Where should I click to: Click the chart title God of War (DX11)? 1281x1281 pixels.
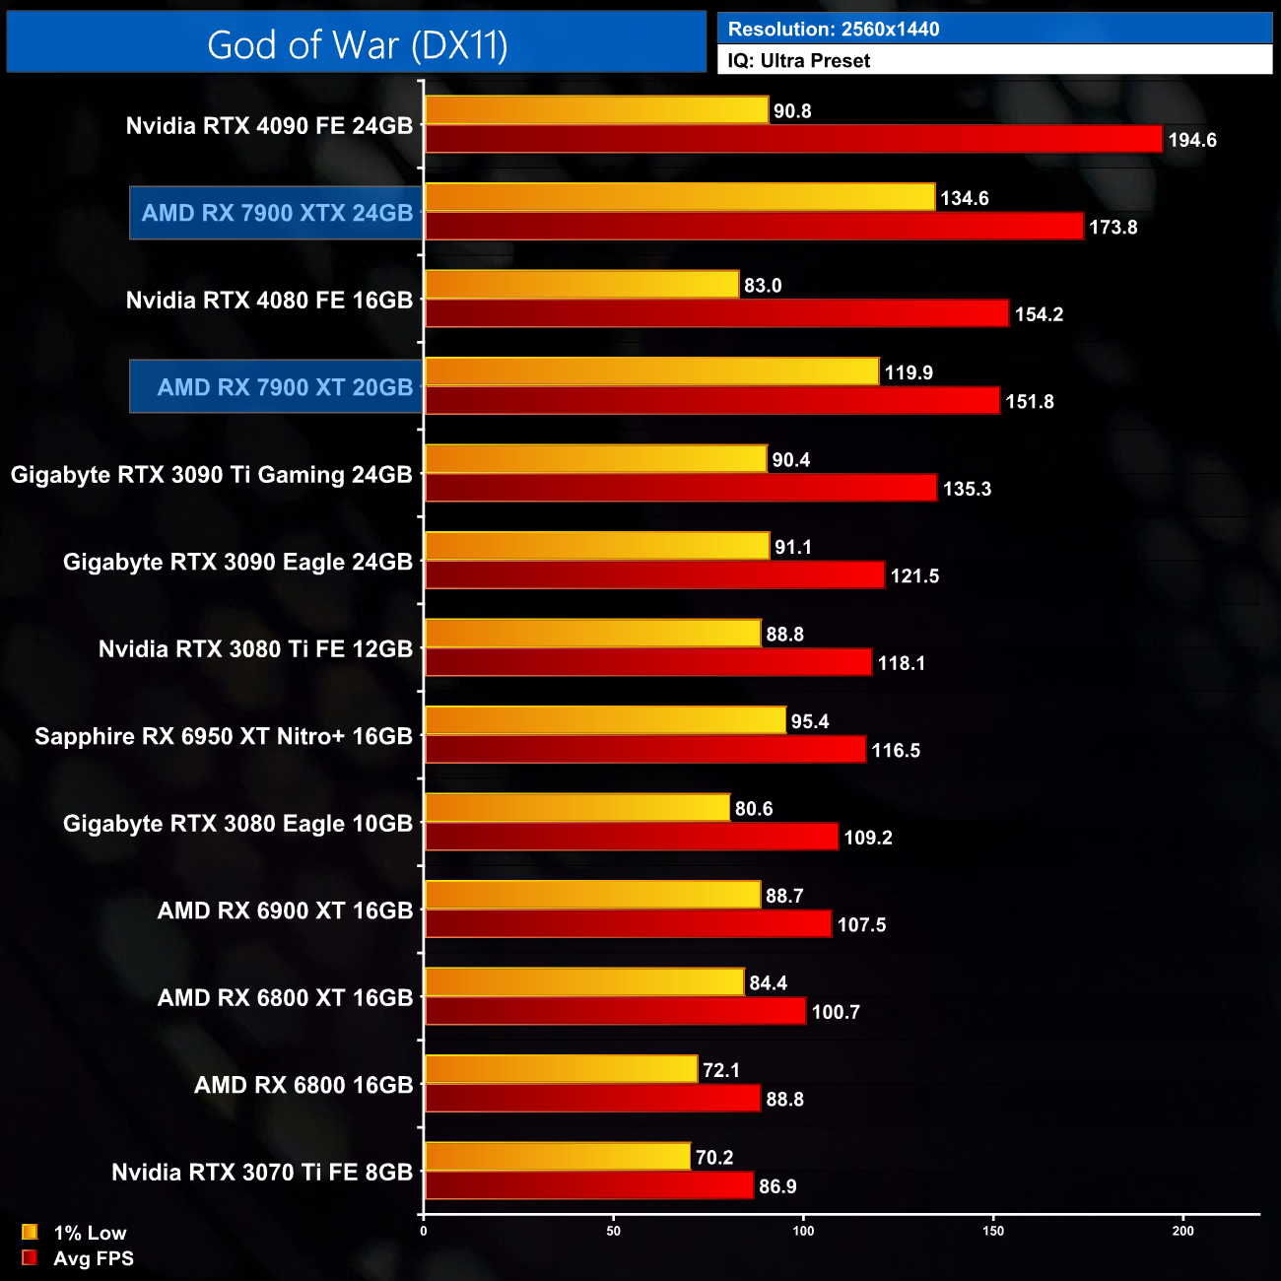[x=357, y=45]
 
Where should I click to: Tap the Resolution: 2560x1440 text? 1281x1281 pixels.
[x=834, y=29]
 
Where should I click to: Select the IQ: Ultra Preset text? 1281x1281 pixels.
[x=798, y=61]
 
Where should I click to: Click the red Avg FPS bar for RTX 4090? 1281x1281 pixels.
[x=793, y=140]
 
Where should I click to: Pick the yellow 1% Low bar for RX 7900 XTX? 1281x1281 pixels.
[x=679, y=197]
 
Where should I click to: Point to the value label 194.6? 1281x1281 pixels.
[x=1192, y=140]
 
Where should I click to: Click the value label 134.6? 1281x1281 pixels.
[x=964, y=198]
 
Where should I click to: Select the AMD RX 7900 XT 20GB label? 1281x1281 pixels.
[x=285, y=387]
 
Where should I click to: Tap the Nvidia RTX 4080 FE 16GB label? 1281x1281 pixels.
[x=269, y=301]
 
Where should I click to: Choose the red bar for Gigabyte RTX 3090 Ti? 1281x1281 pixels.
[x=680, y=489]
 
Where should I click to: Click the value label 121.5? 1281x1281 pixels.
[x=914, y=576]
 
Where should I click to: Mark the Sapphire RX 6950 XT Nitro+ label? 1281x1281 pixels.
[x=224, y=737]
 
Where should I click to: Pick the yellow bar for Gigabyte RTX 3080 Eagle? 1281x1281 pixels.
[x=576, y=808]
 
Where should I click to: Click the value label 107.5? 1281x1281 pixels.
[x=861, y=925]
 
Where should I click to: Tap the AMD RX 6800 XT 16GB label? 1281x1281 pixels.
[x=285, y=998]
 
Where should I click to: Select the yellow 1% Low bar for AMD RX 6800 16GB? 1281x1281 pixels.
[x=561, y=1069]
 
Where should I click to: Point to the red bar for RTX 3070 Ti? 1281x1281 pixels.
[x=588, y=1186]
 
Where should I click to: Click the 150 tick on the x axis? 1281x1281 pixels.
[x=993, y=1231]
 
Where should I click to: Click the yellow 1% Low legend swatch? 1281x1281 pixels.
[x=30, y=1232]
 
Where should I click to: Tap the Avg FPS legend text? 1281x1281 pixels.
[x=94, y=1258]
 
